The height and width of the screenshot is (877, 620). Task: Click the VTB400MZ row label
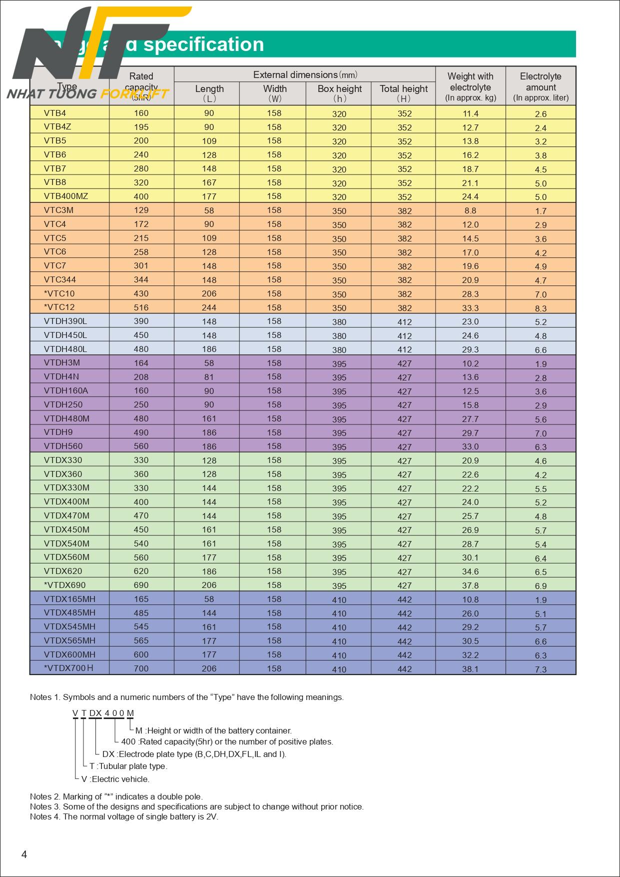[66, 196]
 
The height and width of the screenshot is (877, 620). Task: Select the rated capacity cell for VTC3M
[141, 210]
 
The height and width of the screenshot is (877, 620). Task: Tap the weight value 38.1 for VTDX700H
[470, 668]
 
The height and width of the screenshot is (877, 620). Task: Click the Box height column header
[340, 92]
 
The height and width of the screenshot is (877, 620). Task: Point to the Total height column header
[404, 92]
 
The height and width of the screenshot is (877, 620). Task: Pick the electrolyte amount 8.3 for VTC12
[541, 308]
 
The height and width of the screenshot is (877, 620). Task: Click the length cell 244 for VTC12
[209, 308]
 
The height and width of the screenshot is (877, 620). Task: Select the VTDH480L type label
[65, 349]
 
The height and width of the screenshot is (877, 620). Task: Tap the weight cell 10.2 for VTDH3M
[470, 363]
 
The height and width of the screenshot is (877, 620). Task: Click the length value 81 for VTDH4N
[209, 377]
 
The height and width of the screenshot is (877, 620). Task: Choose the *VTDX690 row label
[65, 585]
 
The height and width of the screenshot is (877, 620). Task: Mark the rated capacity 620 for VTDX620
[141, 571]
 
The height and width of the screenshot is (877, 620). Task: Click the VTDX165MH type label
[69, 599]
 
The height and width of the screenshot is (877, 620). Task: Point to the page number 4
[24, 854]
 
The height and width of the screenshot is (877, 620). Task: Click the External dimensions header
[305, 75]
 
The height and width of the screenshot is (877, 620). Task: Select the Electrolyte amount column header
[541, 86]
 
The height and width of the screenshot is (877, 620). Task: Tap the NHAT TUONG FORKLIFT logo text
[87, 94]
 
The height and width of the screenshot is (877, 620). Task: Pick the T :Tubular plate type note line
[128, 766]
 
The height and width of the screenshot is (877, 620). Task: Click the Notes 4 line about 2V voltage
[124, 816]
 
